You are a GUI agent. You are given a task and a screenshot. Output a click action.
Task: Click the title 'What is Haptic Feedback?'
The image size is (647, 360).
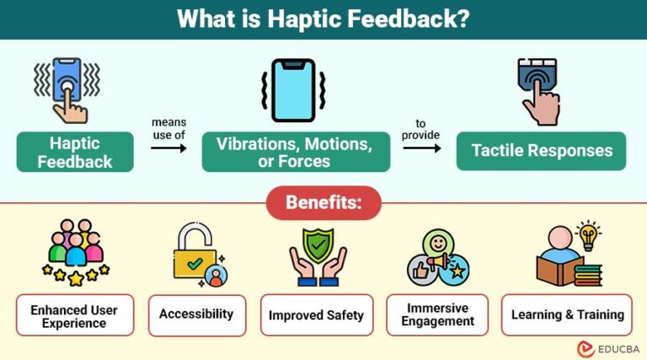(x=323, y=19)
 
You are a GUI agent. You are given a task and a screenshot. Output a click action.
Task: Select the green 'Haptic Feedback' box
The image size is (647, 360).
(x=75, y=152)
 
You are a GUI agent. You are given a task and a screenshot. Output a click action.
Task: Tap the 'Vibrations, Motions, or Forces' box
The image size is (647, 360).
(x=295, y=152)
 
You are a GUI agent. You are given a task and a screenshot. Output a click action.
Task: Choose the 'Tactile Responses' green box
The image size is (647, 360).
(x=541, y=151)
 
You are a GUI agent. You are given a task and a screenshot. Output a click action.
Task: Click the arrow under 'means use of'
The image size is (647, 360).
(x=168, y=148)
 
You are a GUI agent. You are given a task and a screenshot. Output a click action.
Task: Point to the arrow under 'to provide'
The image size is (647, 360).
(x=421, y=148)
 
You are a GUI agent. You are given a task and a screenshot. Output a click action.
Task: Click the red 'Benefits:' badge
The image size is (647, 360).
(x=323, y=203)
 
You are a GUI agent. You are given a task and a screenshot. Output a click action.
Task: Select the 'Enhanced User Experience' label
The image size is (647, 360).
(x=74, y=315)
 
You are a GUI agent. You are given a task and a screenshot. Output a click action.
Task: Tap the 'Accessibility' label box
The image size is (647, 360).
(x=196, y=314)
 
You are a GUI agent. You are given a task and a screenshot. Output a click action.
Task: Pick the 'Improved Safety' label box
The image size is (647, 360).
(x=316, y=315)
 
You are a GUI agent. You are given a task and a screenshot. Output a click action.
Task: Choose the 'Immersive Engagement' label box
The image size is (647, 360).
(x=439, y=314)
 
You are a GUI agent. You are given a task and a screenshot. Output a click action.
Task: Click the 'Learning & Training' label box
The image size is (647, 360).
(x=567, y=314)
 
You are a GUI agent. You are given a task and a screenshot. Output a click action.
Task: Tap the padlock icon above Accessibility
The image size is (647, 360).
(x=195, y=254)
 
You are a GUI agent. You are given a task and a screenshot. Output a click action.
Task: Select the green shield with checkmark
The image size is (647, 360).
(x=318, y=245)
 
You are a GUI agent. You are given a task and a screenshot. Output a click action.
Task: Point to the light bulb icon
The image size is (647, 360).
(x=587, y=234)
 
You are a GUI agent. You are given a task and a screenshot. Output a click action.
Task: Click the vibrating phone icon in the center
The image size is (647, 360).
(x=293, y=90)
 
